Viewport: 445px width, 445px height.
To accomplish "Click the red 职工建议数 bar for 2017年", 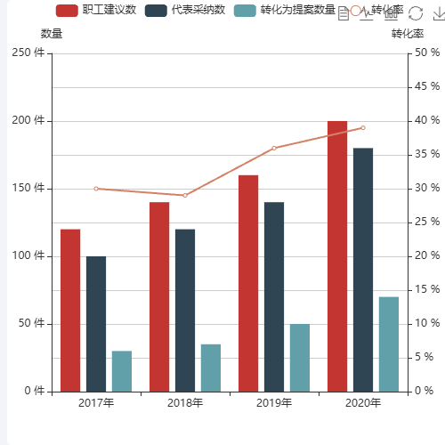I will point(70,310).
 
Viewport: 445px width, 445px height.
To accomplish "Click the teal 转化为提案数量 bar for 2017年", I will point(122,371).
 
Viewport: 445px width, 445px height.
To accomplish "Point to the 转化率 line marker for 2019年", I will point(274,148).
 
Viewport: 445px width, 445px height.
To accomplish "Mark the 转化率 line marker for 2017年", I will point(96,189).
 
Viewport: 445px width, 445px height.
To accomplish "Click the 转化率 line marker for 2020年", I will point(363,127).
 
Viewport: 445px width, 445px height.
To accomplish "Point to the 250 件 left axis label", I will point(28,53).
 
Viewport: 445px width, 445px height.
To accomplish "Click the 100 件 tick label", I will point(28,256).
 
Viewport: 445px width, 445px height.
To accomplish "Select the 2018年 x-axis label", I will point(185,403).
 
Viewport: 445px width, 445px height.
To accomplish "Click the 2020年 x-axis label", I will point(363,403).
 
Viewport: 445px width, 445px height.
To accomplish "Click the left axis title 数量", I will point(52,34).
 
